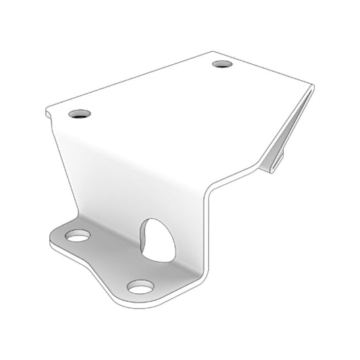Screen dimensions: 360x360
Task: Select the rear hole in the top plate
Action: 222,65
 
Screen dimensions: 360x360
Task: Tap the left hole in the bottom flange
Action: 77,236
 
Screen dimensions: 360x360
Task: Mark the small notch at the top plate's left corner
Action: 47,115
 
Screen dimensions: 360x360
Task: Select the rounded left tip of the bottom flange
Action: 53,239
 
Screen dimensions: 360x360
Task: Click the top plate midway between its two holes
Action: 151,90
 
